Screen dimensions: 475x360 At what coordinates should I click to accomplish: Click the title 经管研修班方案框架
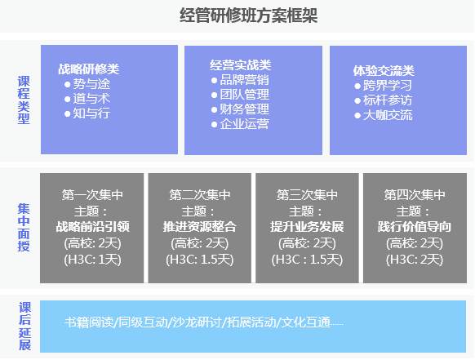click(x=249, y=16)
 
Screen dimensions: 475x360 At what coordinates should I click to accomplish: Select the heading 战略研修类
click(x=89, y=69)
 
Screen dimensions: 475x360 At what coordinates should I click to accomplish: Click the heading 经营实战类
click(x=241, y=65)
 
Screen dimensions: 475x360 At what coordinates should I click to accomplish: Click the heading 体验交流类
click(x=384, y=70)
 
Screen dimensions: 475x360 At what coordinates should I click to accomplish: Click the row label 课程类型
click(x=24, y=100)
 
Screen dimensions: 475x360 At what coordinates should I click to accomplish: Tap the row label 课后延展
click(x=24, y=326)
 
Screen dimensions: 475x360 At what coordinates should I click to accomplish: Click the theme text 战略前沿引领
click(x=93, y=227)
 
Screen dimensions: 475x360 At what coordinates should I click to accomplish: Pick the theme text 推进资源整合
click(x=200, y=227)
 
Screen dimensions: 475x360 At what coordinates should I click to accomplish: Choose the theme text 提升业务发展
click(x=307, y=227)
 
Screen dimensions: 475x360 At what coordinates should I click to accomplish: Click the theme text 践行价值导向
click(x=415, y=227)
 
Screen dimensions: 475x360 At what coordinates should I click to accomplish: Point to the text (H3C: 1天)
click(x=93, y=260)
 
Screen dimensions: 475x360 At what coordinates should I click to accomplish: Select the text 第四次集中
click(x=415, y=195)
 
